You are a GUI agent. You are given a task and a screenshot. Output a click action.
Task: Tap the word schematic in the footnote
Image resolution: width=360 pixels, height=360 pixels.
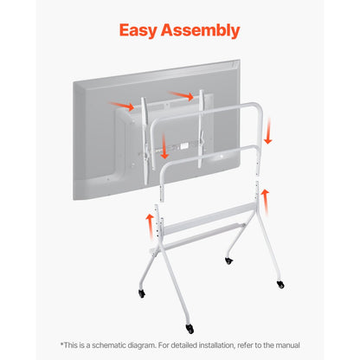tap(115, 344)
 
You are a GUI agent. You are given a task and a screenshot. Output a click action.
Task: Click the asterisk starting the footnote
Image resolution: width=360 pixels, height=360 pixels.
tap(61, 344)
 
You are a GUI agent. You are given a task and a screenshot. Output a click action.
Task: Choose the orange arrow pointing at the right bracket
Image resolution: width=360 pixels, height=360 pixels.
tap(182, 94)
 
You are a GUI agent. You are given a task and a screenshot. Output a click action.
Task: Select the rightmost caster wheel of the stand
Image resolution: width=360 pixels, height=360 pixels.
tap(280, 285)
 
